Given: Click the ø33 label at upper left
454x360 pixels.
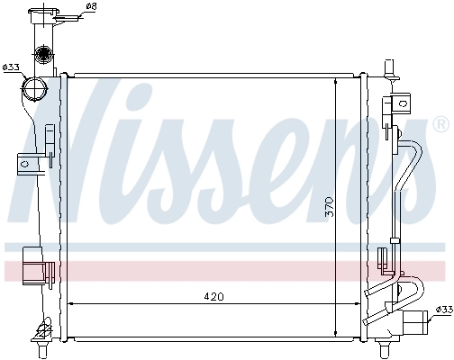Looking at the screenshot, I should (12, 67).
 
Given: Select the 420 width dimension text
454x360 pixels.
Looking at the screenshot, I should (213, 296).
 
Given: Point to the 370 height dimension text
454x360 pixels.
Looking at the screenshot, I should (330, 208).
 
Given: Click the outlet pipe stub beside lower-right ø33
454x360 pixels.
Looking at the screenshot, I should (414, 320).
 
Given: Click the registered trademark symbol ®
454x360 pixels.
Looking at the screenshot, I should (440, 122).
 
